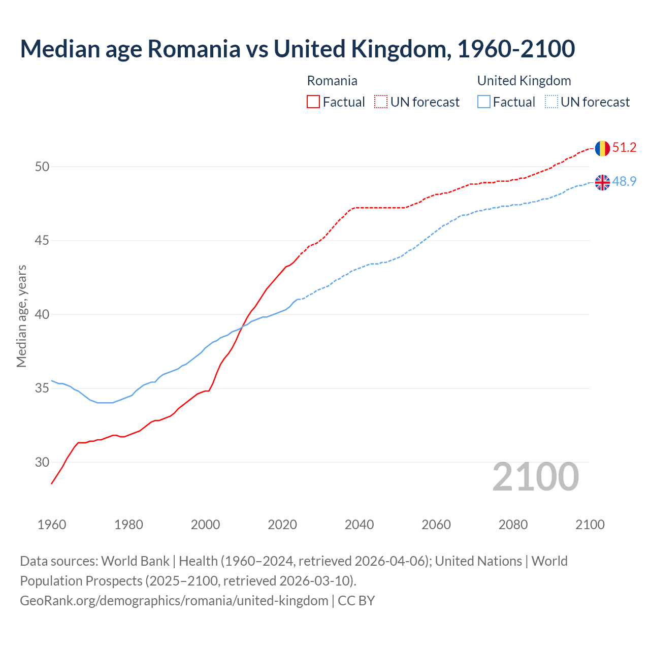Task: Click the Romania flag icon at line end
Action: (602, 148)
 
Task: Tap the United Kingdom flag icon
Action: (602, 182)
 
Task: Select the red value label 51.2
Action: (624, 148)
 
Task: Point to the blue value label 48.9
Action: (624, 181)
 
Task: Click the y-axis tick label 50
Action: (42, 167)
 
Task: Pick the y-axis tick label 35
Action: (42, 388)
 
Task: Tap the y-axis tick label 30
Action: (42, 462)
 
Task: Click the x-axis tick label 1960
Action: (52, 525)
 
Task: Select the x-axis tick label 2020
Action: (282, 525)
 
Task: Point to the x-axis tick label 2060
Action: (436, 525)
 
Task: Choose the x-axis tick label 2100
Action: (590, 525)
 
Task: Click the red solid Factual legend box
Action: (313, 102)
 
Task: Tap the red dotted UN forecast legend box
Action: (381, 102)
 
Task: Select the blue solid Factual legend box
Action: (484, 102)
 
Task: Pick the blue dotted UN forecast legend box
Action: (551, 102)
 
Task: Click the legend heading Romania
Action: (332, 81)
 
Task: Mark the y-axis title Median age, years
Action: (21, 316)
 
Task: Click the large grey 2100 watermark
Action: (535, 477)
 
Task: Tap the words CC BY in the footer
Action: (356, 601)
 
